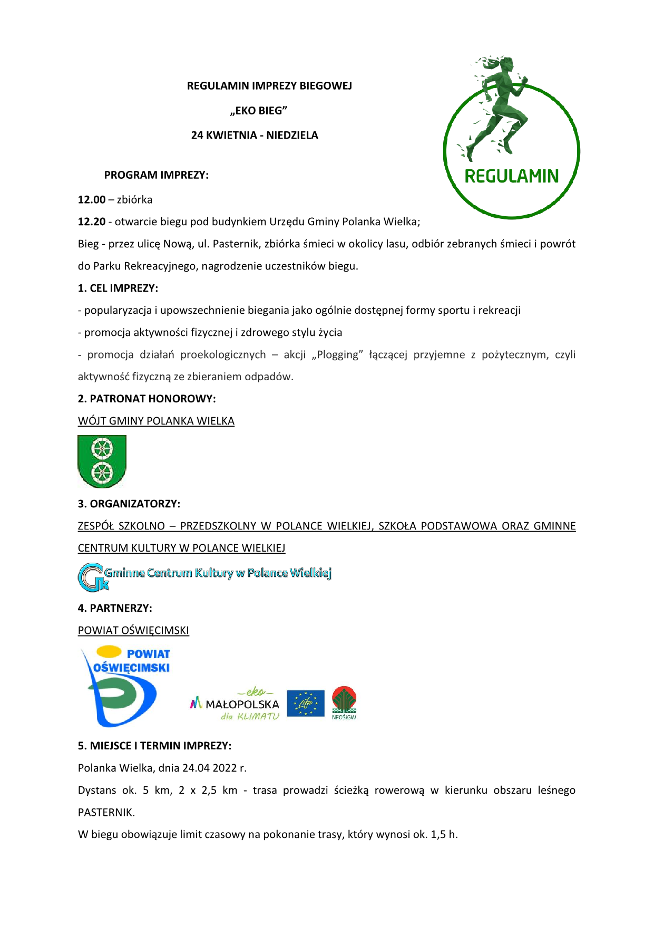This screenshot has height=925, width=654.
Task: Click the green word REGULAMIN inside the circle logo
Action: (511, 176)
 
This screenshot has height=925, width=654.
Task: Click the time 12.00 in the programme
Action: (92, 200)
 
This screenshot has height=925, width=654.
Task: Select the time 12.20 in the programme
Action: (92, 222)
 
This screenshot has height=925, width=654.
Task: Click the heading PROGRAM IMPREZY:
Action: (156, 175)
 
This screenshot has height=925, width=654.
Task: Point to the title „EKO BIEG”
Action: (258, 111)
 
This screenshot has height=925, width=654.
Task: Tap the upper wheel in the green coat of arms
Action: (102, 450)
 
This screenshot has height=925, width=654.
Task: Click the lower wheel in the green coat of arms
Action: (102, 472)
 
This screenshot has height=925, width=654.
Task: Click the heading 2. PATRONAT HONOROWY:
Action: (147, 399)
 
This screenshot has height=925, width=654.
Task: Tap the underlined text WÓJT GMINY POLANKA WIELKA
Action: (156, 421)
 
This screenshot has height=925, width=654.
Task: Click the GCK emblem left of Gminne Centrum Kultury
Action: (91, 577)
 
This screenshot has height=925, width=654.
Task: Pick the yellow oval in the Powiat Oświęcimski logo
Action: (109, 652)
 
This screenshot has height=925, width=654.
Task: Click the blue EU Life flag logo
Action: (306, 704)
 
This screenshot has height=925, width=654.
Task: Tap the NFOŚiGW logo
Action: (344, 703)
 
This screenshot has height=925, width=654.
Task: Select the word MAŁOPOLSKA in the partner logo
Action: (242, 705)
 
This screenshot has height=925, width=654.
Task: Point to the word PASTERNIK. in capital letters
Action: (106, 813)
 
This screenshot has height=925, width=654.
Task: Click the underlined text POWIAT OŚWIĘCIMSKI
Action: (133, 631)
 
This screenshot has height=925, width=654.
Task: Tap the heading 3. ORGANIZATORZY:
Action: (129, 504)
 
